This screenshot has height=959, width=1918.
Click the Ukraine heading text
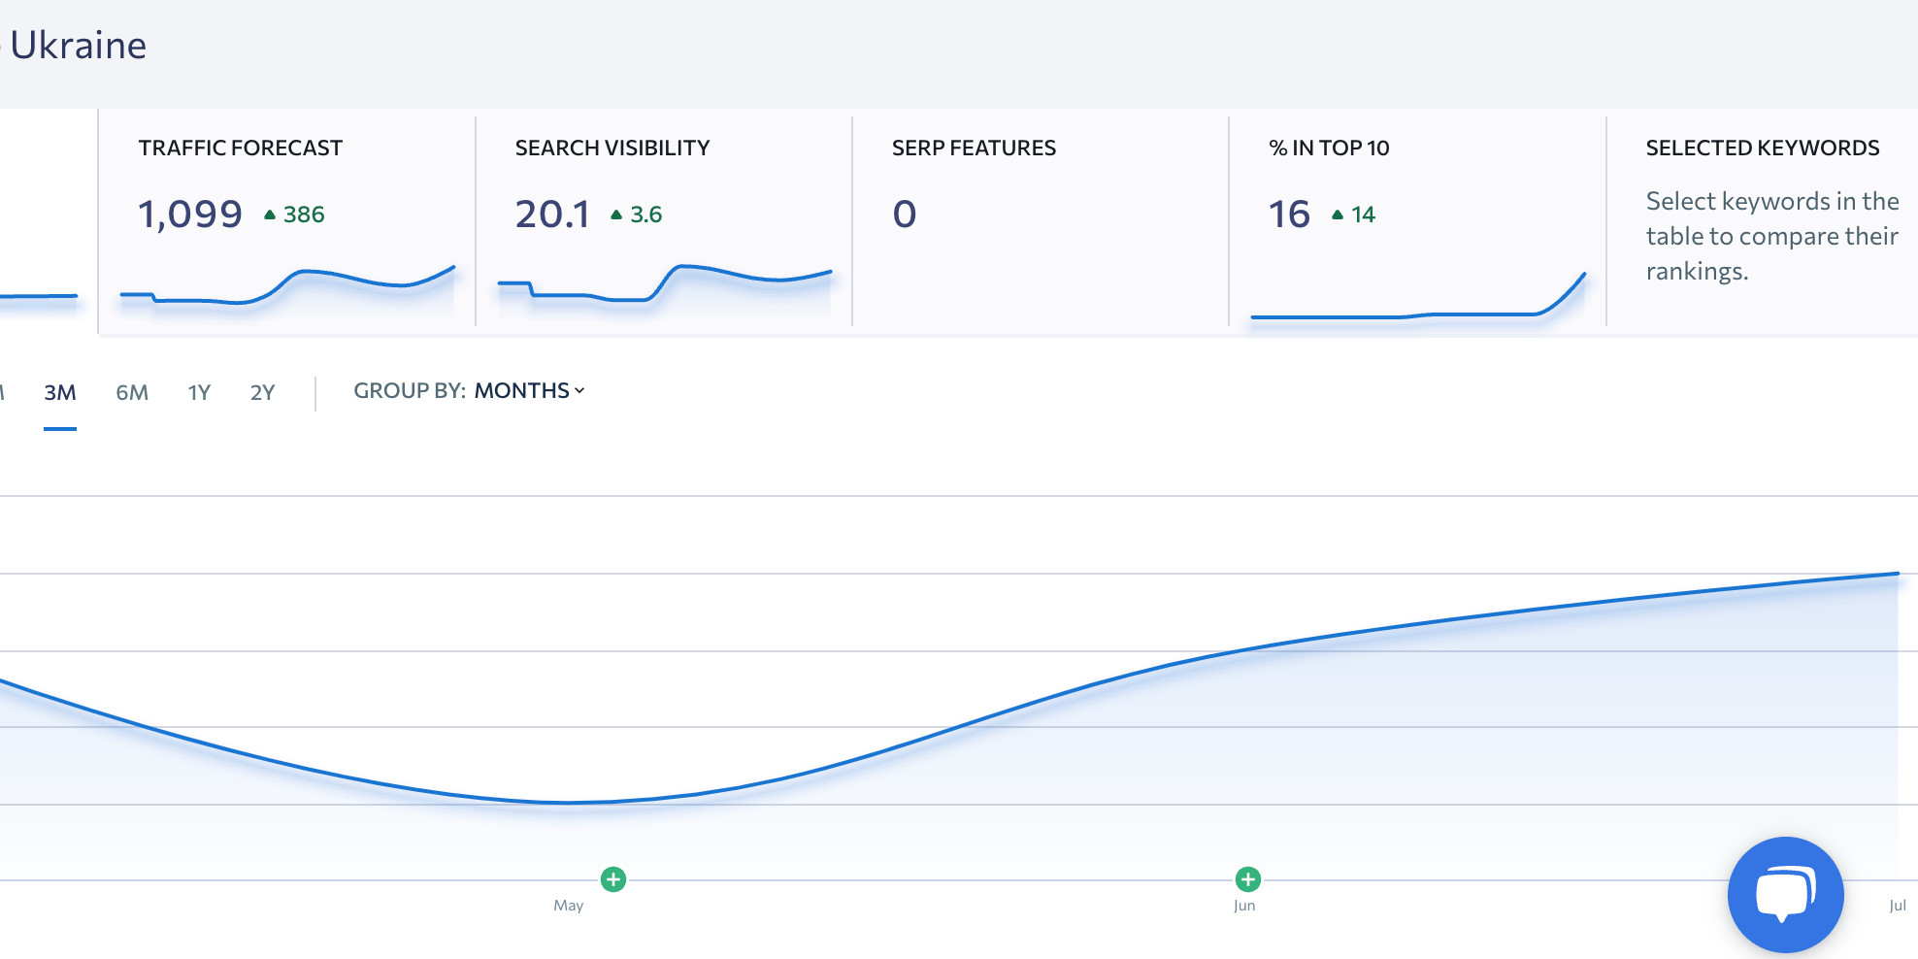coord(78,46)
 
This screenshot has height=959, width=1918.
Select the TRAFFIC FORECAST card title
coord(240,148)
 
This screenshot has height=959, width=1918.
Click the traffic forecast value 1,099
coord(190,214)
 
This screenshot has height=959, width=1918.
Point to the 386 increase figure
coord(303,215)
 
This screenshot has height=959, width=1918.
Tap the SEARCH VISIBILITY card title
coord(612,148)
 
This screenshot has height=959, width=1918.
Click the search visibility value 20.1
coord(552,214)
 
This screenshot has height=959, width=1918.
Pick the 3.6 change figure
coord(645,215)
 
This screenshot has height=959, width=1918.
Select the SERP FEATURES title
coord(974,148)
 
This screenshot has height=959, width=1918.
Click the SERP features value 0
coord(904,214)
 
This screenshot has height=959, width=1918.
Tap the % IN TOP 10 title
coord(1329,148)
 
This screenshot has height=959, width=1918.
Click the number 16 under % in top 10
coord(1289,214)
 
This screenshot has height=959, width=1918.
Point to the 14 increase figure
coord(1363,215)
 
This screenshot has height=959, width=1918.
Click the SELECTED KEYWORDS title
coord(1762,148)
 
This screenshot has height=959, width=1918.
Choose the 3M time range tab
coord(60,392)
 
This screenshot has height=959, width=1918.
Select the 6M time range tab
coord(132,392)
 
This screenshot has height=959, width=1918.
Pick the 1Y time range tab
coord(199,392)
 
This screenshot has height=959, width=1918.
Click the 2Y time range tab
coord(262,392)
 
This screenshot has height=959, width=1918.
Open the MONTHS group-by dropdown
coord(529,390)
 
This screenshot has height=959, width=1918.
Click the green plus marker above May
coord(613,879)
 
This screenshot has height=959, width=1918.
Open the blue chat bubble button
coord(1785,894)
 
